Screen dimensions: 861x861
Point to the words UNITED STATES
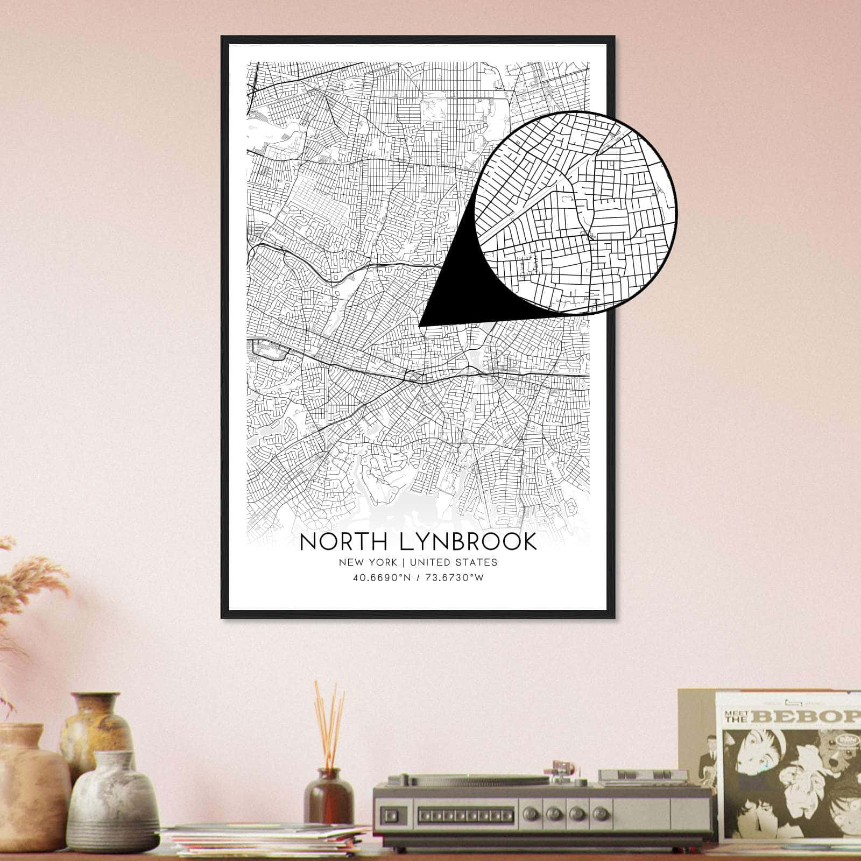point(453,562)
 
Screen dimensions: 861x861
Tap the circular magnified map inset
point(576,213)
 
